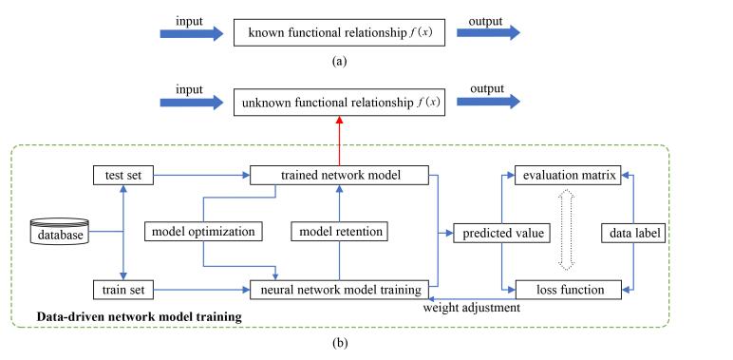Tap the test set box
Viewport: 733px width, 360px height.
pyautogui.click(x=123, y=176)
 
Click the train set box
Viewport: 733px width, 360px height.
pyautogui.click(x=123, y=285)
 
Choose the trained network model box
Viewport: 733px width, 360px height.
pyautogui.click(x=338, y=176)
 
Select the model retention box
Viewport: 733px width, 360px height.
pyautogui.click(x=338, y=231)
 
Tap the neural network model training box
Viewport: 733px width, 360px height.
pyautogui.click(x=338, y=285)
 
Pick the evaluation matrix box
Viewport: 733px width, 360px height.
pyautogui.click(x=567, y=176)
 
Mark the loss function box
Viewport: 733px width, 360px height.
pyautogui.click(x=567, y=285)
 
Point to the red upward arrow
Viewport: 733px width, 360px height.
pyautogui.click(x=338, y=139)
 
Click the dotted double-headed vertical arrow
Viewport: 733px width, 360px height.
pyautogui.click(x=567, y=231)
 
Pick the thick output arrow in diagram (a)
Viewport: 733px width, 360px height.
pyautogui.click(x=488, y=32)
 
